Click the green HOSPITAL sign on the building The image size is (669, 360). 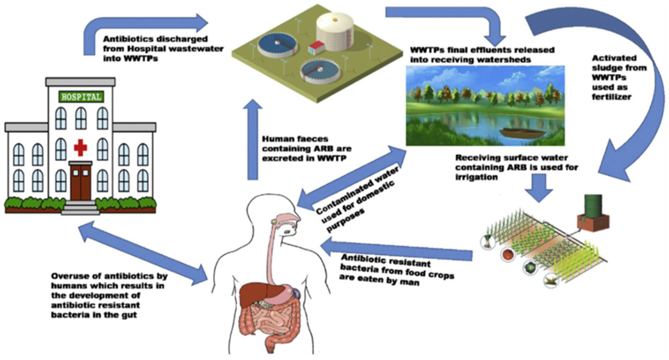pyautogui.click(x=81, y=97)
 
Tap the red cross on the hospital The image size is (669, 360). pyautogui.click(x=81, y=147)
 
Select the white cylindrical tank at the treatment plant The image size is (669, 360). pyautogui.click(x=334, y=31)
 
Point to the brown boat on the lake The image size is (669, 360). pyautogui.click(x=522, y=133)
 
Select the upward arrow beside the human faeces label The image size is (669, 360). pyautogui.click(x=252, y=140)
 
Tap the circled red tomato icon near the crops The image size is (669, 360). pyautogui.click(x=508, y=254)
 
